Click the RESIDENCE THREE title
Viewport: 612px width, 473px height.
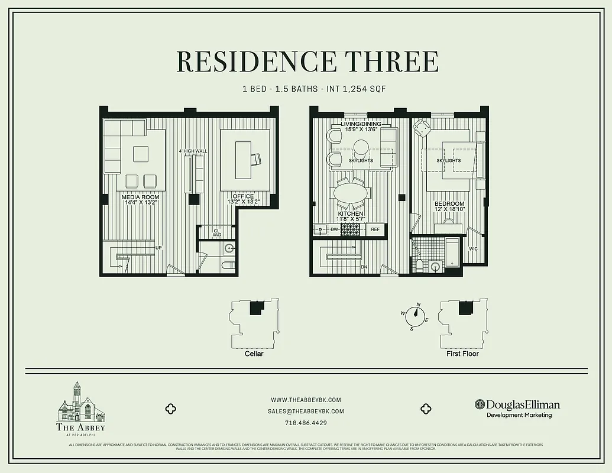pyautogui.click(x=307, y=62)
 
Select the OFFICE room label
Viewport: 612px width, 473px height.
pyautogui.click(x=243, y=197)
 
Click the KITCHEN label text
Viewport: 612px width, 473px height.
pyautogui.click(x=351, y=214)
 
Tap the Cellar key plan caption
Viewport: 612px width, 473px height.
pyautogui.click(x=254, y=354)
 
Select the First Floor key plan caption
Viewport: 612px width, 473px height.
pyautogui.click(x=463, y=354)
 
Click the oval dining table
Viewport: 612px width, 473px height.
pyautogui.click(x=351, y=193)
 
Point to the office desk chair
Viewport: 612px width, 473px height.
pyautogui.click(x=256, y=158)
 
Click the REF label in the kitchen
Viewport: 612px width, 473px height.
pyautogui.click(x=375, y=229)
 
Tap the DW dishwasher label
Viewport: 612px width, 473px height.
pyautogui.click(x=333, y=229)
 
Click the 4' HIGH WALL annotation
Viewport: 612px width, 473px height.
pyautogui.click(x=193, y=151)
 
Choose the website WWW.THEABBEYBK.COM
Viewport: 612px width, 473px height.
pyautogui.click(x=306, y=400)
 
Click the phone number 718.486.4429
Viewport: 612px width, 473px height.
pyautogui.click(x=306, y=423)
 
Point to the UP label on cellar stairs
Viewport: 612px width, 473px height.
pyautogui.click(x=158, y=248)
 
